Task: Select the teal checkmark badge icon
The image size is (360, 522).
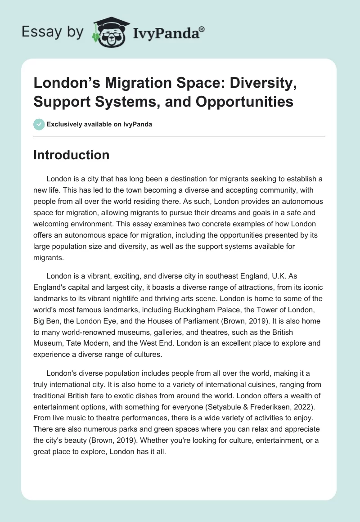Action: click(39, 124)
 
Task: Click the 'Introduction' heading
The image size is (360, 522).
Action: click(71, 155)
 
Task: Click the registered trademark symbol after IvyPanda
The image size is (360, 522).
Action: click(202, 29)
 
